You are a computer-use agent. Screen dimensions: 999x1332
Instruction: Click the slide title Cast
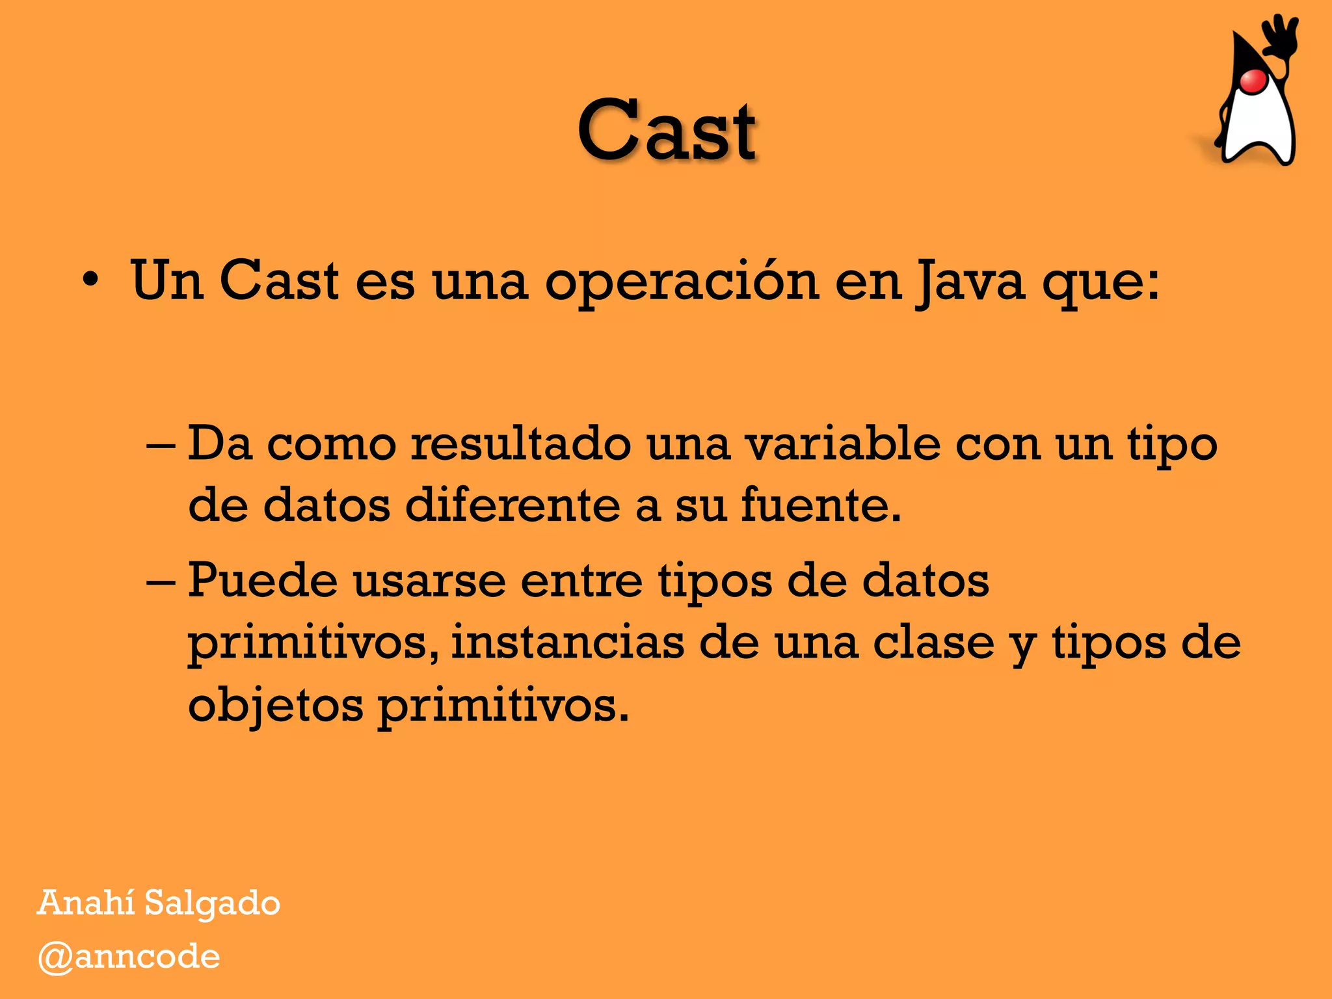pos(667,130)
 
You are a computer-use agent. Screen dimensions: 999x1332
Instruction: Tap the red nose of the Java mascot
pos(1253,81)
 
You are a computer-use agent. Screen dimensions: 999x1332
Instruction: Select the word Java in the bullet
pos(969,282)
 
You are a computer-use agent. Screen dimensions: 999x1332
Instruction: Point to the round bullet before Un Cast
pos(90,282)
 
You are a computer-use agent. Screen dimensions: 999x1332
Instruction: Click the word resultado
pos(520,444)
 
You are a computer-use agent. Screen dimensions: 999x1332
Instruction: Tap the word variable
pos(842,444)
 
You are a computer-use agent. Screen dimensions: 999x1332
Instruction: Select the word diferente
pos(513,505)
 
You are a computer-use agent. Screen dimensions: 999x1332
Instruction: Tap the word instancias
pos(567,643)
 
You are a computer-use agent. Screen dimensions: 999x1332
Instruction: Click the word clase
pos(933,643)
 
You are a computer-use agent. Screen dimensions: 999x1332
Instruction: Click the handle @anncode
pos(129,957)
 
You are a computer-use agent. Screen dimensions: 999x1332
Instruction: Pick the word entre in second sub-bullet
pos(581,580)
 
